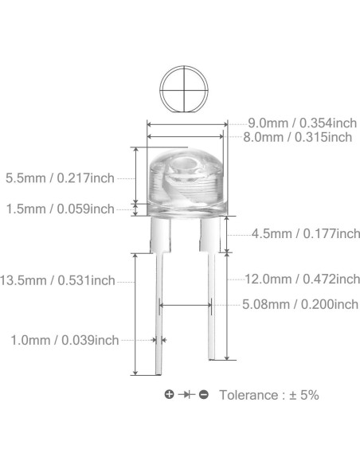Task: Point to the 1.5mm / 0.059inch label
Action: [59, 209]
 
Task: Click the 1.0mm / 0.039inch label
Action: [65, 340]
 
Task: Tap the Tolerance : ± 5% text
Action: [268, 395]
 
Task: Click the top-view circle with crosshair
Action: [186, 88]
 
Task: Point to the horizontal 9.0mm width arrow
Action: [186, 123]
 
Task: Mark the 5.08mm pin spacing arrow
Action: [186, 303]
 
